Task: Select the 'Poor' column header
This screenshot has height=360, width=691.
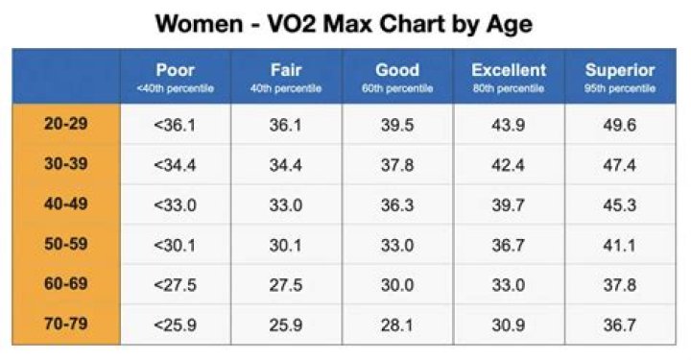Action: [x=175, y=76]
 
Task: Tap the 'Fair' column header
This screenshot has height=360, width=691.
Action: [x=286, y=76]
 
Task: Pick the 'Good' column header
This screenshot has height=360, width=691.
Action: [x=396, y=76]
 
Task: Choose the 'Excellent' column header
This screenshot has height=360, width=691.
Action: [x=509, y=76]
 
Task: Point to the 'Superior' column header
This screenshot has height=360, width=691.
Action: [x=620, y=76]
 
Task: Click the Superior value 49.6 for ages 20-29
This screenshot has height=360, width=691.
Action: [x=620, y=126]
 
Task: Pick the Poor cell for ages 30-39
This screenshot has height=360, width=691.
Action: [x=175, y=165]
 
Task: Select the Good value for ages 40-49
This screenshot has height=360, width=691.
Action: [x=396, y=205]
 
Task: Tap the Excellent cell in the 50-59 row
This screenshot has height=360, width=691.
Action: [x=509, y=246]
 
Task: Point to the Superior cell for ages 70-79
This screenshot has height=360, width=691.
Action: [x=620, y=325]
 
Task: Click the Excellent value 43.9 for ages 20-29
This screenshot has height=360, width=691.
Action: [x=509, y=126]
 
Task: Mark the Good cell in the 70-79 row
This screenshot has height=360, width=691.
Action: [x=396, y=325]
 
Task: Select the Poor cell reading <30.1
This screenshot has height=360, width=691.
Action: [x=175, y=246]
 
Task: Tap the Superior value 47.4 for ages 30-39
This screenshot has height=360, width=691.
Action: [x=620, y=165]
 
